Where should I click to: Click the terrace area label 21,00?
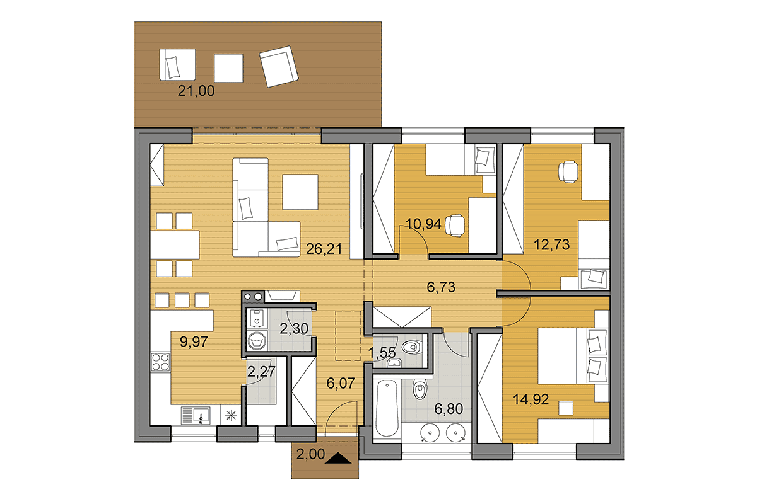click(196, 91)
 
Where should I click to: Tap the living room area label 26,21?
click(324, 249)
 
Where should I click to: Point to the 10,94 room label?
click(423, 224)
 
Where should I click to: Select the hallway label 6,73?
click(441, 287)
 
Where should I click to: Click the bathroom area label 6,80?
click(449, 409)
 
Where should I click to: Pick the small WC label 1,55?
click(382, 353)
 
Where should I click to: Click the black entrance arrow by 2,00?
click(338, 458)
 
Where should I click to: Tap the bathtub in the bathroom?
click(387, 408)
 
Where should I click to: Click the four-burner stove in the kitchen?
click(160, 362)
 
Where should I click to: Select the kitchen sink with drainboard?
click(196, 415)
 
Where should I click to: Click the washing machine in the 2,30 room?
click(257, 341)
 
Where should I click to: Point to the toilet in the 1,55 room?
click(411, 346)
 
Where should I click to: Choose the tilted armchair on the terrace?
click(279, 67)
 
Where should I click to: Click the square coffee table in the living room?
click(300, 192)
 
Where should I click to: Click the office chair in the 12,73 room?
click(568, 172)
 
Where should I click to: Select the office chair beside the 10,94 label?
click(455, 226)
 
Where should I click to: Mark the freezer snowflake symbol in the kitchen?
click(231, 415)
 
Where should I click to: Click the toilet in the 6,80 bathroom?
click(420, 389)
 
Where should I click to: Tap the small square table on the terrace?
click(228, 68)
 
